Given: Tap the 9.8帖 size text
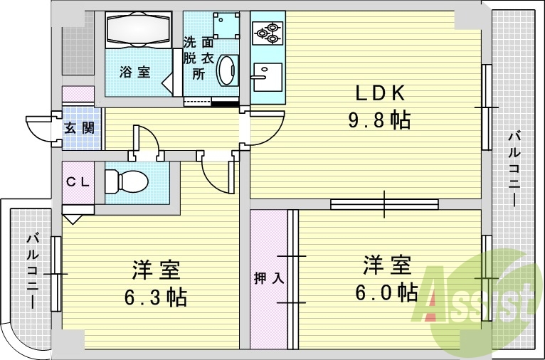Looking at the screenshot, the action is click(x=379, y=120).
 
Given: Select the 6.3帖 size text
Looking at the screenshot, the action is click(x=156, y=297).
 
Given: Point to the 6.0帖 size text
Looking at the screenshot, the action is click(x=386, y=292).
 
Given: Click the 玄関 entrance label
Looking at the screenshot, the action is click(x=80, y=128).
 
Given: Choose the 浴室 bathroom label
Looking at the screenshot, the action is click(x=135, y=72).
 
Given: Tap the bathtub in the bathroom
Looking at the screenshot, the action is click(x=139, y=30).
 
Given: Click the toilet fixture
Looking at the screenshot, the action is click(x=127, y=181).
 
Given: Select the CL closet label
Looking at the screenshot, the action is click(x=78, y=181).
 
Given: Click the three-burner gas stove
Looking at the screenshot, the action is click(x=268, y=33).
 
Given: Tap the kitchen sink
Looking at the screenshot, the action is click(x=268, y=77).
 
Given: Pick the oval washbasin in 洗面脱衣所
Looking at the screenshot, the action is click(x=227, y=70).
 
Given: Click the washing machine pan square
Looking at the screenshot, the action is click(x=227, y=26).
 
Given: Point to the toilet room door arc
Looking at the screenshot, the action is click(x=150, y=136).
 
